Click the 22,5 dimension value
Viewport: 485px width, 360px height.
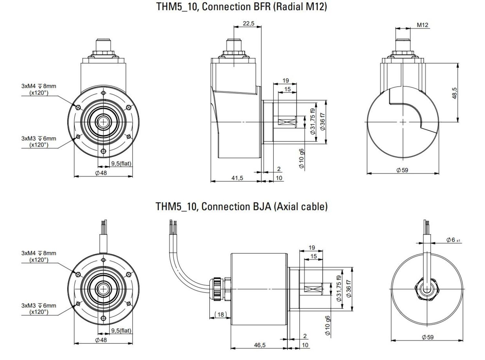pos(248,23)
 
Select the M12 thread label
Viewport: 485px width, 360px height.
pos(422,25)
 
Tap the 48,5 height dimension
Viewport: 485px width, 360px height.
pos(454,93)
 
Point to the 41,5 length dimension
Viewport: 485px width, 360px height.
pos(237,178)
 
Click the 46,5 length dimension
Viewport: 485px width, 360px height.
pos(259,345)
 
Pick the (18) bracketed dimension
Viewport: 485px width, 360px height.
pos(221,314)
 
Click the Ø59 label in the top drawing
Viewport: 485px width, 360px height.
pos(402,170)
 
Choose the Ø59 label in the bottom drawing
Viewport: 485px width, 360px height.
pos(427,337)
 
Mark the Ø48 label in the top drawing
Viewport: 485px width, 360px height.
pos(101,173)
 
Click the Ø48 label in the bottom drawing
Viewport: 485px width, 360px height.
pos(101,340)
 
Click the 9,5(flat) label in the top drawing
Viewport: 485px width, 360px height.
pos(121,164)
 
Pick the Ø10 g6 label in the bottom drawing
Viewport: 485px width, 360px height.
pos(328,325)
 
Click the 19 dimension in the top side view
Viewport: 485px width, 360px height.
pos(286,80)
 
